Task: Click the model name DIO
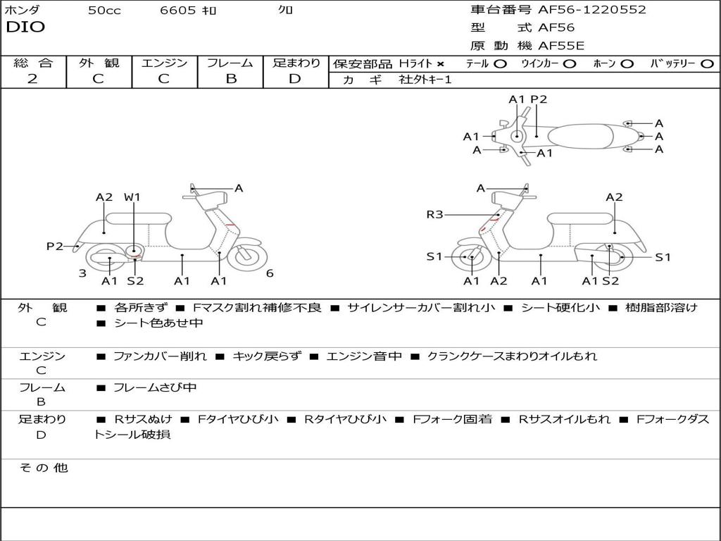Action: pyautogui.click(x=25, y=27)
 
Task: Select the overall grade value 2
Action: pyautogui.click(x=32, y=79)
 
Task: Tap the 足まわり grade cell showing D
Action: pyautogui.click(x=295, y=79)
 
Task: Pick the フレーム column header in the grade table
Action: pyautogui.click(x=230, y=63)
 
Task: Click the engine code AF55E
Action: pyautogui.click(x=561, y=46)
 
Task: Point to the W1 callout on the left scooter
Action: pyautogui.click(x=132, y=197)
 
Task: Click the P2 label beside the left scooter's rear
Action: pyautogui.click(x=55, y=246)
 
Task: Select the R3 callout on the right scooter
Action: pyautogui.click(x=434, y=215)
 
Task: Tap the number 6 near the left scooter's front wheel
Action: pyautogui.click(x=270, y=273)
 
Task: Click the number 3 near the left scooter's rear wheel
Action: pyautogui.click(x=82, y=273)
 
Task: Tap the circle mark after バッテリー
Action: pyautogui.click(x=707, y=63)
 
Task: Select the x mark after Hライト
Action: pyautogui.click(x=440, y=63)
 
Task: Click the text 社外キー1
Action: pyautogui.click(x=426, y=80)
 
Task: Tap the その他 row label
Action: pyautogui.click(x=43, y=468)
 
